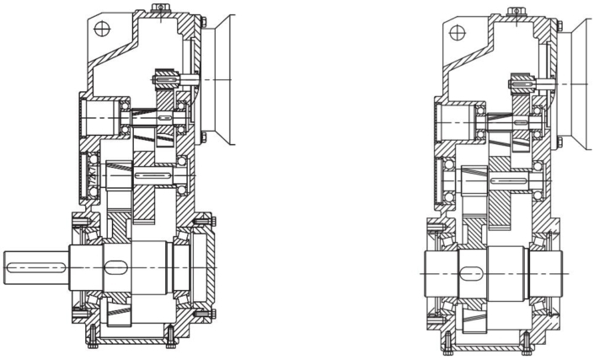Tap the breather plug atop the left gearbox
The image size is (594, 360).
(x=158, y=9)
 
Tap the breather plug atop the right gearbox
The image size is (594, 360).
(x=517, y=12)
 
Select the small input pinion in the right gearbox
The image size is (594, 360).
(x=521, y=83)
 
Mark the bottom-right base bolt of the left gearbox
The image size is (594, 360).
(x=171, y=334)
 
